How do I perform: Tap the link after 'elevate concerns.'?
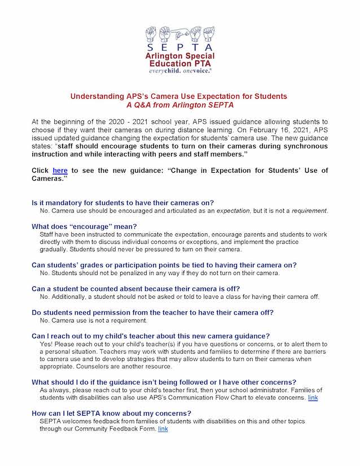pyautogui.click(x=313, y=398)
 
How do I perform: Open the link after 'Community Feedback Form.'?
pyautogui.click(x=163, y=429)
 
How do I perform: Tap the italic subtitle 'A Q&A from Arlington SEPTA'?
pyautogui.click(x=179, y=104)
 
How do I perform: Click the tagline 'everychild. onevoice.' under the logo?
pyautogui.click(x=180, y=72)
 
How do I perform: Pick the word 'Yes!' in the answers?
pyautogui.click(x=47, y=343)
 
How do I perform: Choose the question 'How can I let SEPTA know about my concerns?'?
pyautogui.click(x=112, y=413)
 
